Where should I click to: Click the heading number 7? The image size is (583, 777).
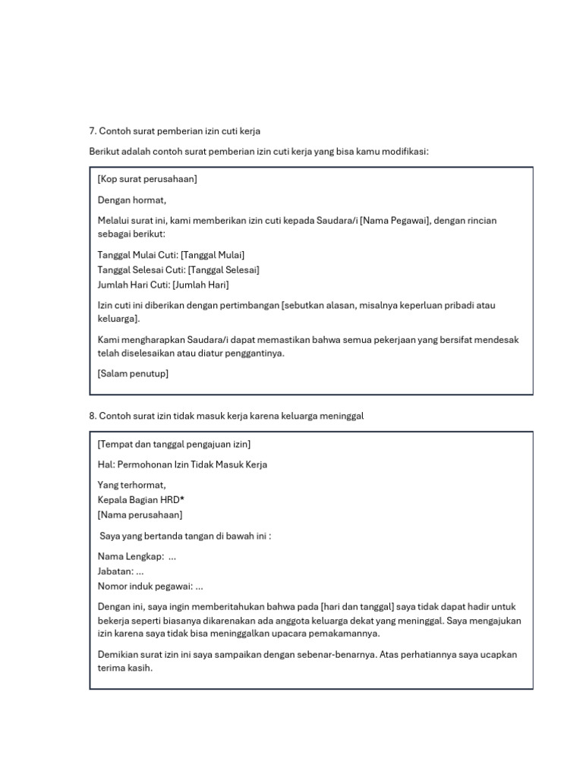point(93,131)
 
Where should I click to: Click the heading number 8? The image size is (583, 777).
point(93,417)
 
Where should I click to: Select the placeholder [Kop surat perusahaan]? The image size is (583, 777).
point(147,179)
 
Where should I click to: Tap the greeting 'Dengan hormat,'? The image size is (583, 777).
point(131,200)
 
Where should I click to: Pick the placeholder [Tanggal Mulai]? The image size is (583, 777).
point(213,255)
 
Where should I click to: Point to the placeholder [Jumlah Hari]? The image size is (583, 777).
point(200,285)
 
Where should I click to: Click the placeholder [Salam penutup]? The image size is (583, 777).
point(133,373)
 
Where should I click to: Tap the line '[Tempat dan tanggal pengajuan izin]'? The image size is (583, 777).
point(174,444)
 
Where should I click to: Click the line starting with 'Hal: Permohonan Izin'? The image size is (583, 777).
point(182,464)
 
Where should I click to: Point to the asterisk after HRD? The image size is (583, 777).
point(182,499)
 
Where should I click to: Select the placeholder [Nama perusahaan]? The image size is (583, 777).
point(140,514)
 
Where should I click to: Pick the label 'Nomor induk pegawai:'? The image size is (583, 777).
point(144,586)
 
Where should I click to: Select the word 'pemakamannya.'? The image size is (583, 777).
point(343,634)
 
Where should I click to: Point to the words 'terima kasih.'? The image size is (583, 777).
point(125,668)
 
